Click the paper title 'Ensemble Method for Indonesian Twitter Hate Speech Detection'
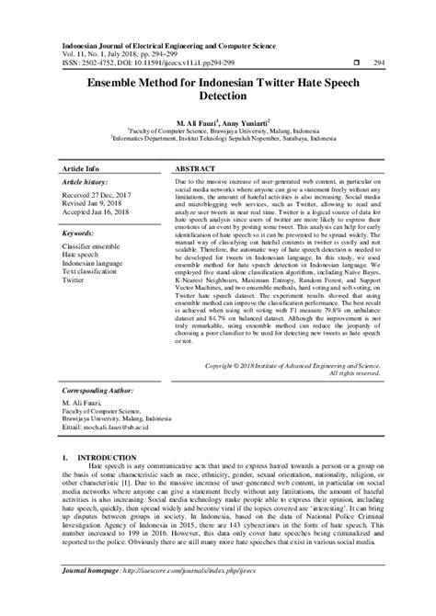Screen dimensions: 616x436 click(218, 87)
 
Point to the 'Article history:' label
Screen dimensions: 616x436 click(84, 184)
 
